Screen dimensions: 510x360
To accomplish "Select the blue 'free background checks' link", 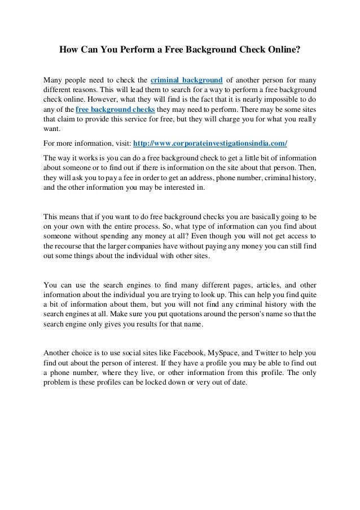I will pyautogui.click(x=109, y=109).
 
